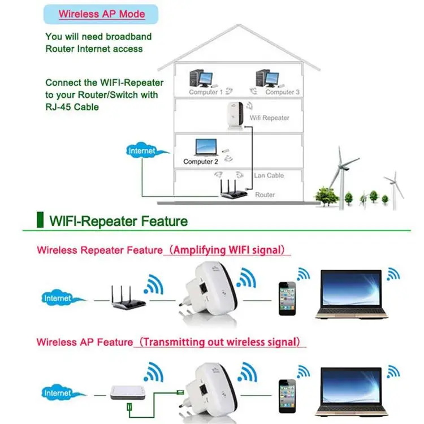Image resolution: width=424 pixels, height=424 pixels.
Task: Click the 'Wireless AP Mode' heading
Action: (x=102, y=14)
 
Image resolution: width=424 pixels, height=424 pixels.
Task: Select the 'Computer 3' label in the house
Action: (x=280, y=92)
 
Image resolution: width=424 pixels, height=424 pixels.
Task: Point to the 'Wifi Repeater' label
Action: (x=269, y=118)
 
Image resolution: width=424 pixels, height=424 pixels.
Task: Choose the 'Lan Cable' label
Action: (x=269, y=175)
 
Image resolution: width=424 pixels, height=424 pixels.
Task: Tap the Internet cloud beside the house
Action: (x=142, y=151)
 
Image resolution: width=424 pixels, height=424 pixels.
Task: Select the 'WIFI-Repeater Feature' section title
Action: (x=118, y=220)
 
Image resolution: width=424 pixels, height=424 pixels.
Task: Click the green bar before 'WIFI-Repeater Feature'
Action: (x=40, y=219)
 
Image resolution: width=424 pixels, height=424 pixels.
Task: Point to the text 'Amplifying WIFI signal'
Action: (x=230, y=249)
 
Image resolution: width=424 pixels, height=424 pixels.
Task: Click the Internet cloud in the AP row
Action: (x=58, y=392)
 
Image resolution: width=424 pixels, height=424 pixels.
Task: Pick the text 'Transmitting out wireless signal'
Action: (x=220, y=342)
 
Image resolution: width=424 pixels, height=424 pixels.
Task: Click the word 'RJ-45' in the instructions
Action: (x=57, y=106)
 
